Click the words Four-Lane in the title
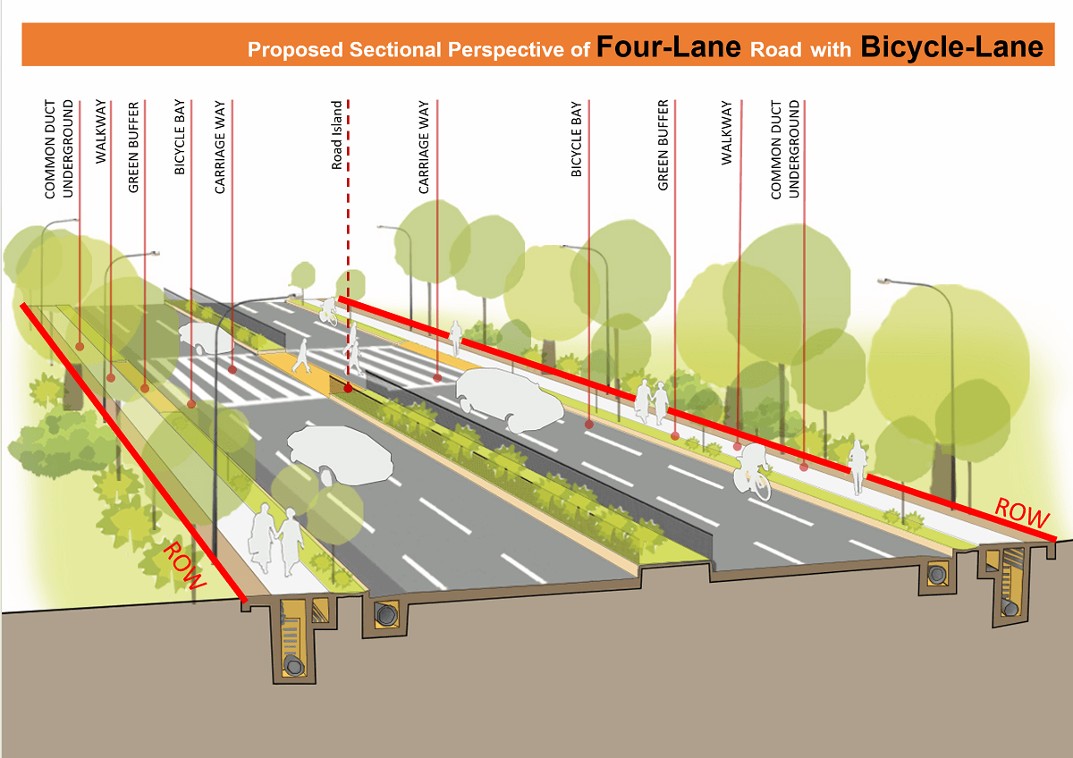click(x=668, y=46)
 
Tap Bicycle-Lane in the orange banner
click(x=951, y=46)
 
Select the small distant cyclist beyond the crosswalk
click(x=331, y=309)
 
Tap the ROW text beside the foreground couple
click(x=183, y=566)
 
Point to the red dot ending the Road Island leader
click(x=347, y=389)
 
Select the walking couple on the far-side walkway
click(x=651, y=401)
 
